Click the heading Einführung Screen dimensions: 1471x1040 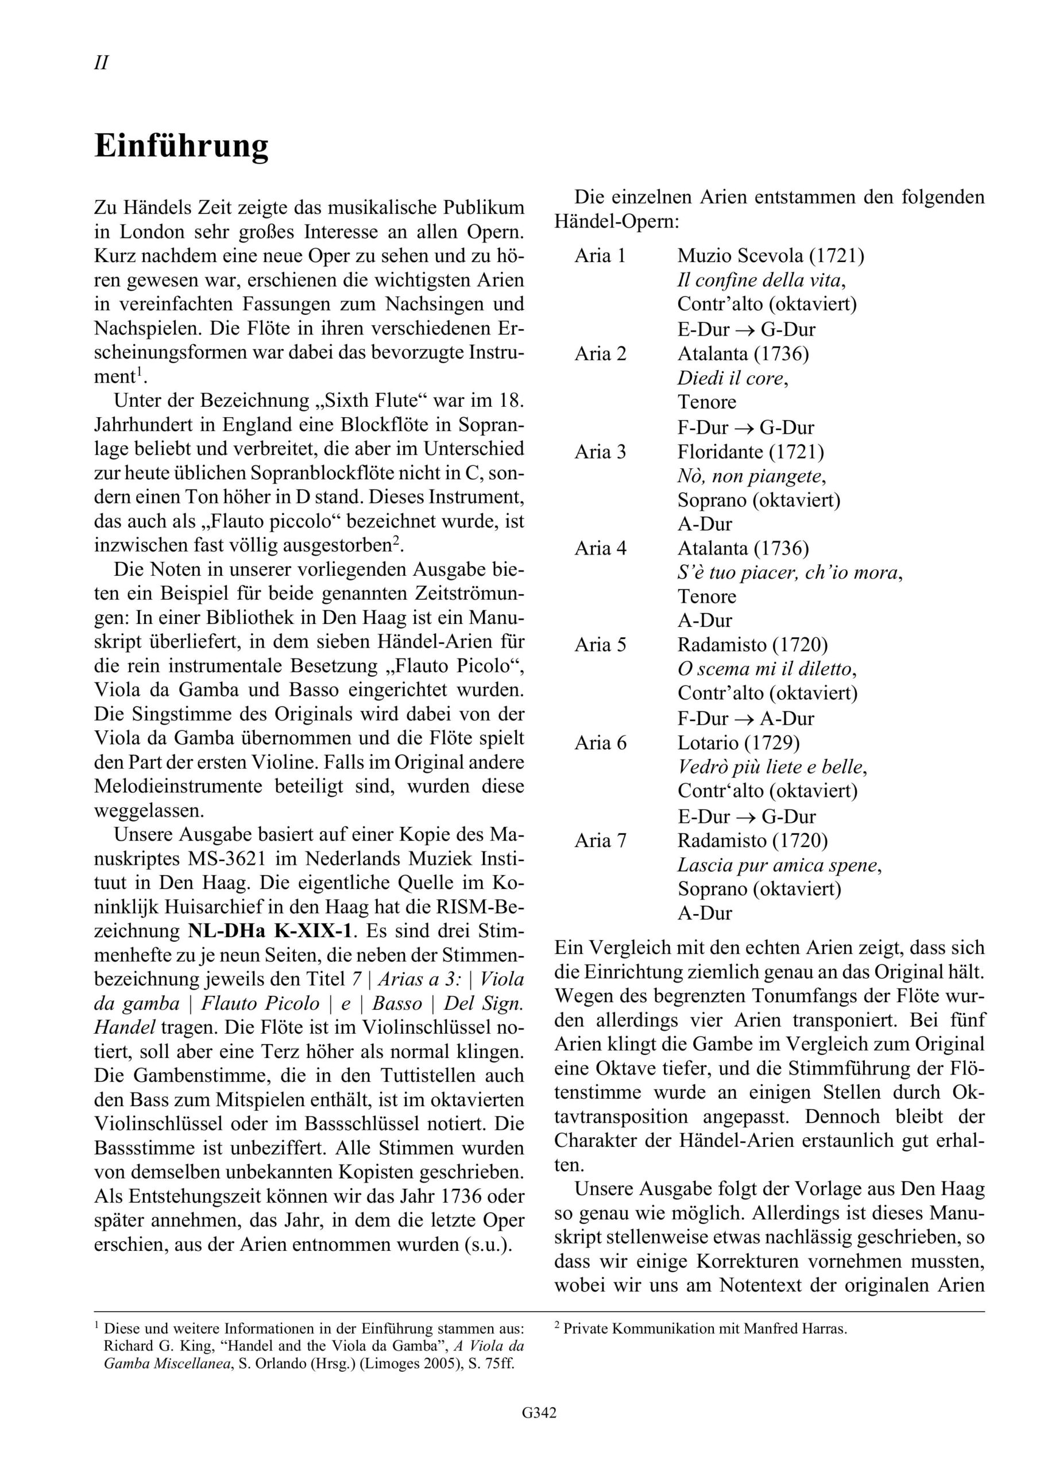tap(181, 147)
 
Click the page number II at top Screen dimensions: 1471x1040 tap(101, 63)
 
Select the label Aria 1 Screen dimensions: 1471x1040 tap(600, 256)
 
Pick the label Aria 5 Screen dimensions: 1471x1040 tap(600, 645)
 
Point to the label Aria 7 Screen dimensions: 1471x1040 tap(600, 840)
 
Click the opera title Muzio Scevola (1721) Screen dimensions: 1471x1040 tap(771, 256)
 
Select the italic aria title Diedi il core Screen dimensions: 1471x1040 tap(732, 378)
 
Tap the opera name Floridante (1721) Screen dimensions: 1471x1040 tap(751, 452)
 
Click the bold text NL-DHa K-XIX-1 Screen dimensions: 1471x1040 tap(270, 930)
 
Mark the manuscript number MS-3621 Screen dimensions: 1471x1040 tap(234, 858)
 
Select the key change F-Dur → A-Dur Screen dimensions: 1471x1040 tap(745, 718)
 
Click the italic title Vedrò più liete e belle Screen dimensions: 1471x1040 tap(772, 767)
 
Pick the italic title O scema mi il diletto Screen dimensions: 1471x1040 tap(767, 669)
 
